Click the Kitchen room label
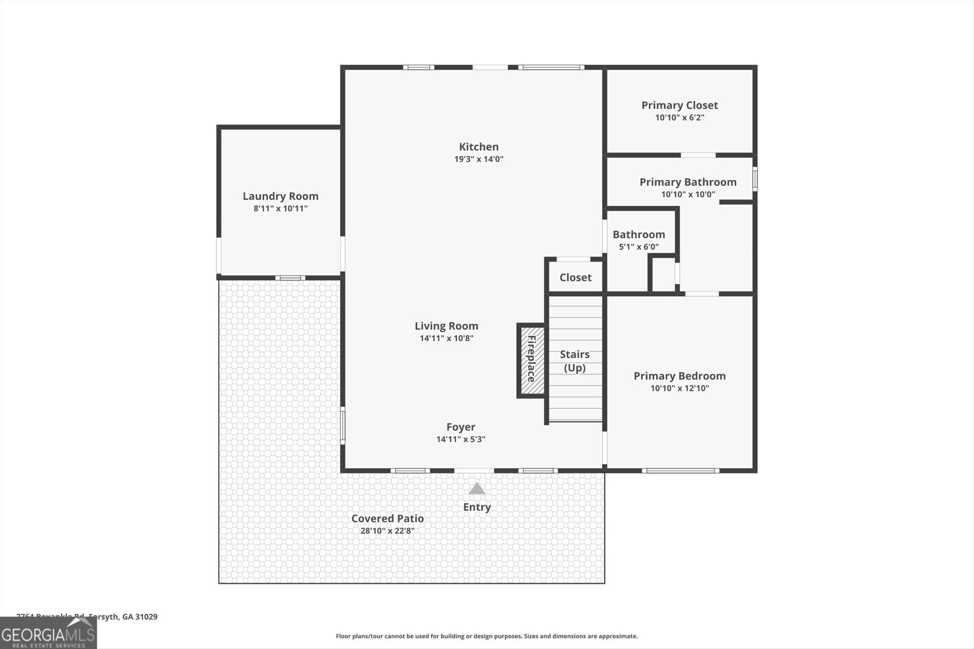tap(478, 147)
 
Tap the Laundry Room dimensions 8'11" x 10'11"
tap(281, 209)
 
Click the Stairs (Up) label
tap(575, 361)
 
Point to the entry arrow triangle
tap(477, 488)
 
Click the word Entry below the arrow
tap(477, 507)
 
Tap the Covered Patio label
tap(387, 518)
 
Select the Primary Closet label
tap(679, 105)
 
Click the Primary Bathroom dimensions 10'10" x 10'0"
tap(688, 195)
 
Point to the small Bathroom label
tap(639, 234)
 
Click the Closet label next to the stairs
tap(575, 277)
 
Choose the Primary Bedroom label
tap(679, 376)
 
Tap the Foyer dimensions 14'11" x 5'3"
tap(461, 439)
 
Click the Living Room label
tap(446, 326)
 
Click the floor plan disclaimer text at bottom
tap(486, 636)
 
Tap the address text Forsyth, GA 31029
tap(122, 616)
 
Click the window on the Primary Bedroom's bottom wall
tap(681, 470)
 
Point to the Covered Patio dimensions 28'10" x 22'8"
tap(387, 531)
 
